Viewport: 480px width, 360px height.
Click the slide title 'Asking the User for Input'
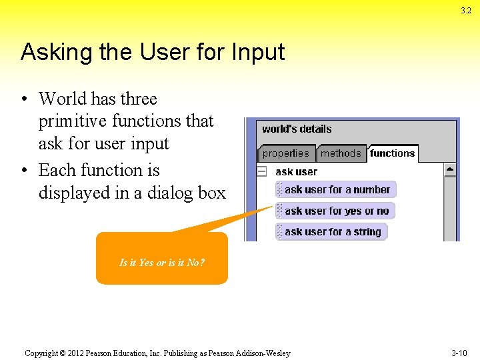pos(153,52)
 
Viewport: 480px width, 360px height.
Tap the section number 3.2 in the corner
pos(465,11)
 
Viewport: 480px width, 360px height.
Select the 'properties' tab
pos(285,153)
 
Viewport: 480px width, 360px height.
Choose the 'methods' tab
pos(340,153)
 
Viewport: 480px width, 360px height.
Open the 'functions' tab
pos(392,153)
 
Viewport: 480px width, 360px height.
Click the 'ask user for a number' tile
pos(336,189)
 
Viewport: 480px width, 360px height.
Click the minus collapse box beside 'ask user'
pos(262,171)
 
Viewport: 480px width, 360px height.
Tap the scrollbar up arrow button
pos(450,170)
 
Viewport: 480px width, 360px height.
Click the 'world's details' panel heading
pos(297,129)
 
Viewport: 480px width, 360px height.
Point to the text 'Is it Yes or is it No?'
pos(162,262)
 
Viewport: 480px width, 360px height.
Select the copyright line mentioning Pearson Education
pos(157,353)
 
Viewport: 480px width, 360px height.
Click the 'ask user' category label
pos(296,171)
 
